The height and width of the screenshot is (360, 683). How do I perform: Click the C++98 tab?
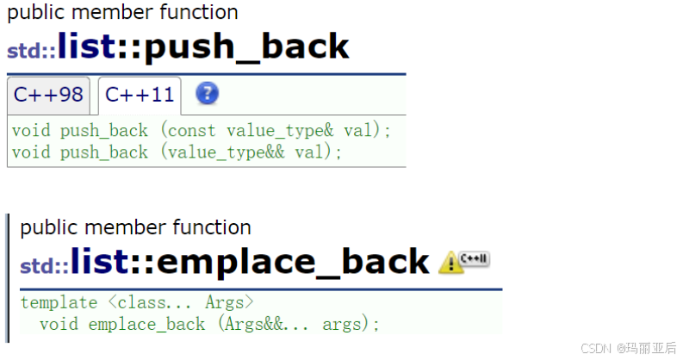tap(47, 95)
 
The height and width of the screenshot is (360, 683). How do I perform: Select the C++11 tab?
tap(139, 95)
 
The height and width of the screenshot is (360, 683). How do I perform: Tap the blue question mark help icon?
tap(207, 94)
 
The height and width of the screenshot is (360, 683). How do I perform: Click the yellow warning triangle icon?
tap(450, 263)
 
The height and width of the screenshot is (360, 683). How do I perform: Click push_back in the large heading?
tap(246, 47)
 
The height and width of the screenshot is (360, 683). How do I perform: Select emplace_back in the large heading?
tap(293, 261)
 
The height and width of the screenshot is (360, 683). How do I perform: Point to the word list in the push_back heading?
tap(85, 47)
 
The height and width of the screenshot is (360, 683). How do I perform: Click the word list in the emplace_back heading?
tap(98, 261)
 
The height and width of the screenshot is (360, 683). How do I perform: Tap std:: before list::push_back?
tap(31, 51)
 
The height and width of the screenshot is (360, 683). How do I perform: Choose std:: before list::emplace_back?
tap(44, 265)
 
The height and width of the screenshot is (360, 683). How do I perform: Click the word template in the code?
tap(59, 302)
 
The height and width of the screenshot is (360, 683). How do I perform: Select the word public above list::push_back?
tap(35, 13)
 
